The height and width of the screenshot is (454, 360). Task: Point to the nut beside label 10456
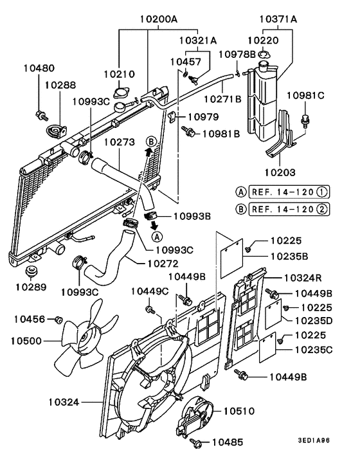(59, 319)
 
